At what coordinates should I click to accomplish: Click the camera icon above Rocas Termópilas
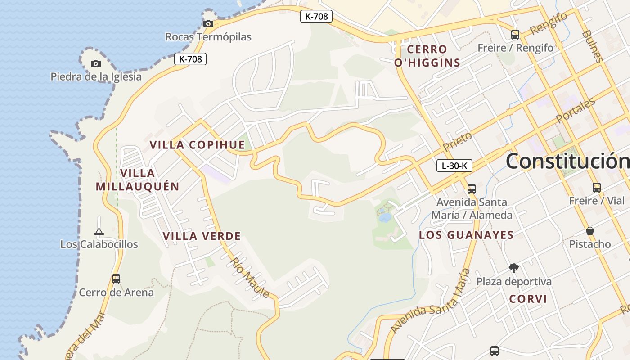(208, 23)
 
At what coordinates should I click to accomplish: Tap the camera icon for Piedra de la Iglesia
(96, 63)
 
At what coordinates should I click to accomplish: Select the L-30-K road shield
(454, 166)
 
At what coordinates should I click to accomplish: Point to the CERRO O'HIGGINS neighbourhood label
(427, 56)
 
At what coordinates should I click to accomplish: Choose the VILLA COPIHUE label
(197, 145)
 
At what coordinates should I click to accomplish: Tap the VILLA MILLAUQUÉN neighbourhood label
(138, 180)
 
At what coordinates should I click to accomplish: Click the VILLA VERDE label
(202, 236)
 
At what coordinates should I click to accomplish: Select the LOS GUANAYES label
(466, 235)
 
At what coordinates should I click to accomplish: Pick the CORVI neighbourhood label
(528, 299)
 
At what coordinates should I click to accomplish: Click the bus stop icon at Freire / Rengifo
(515, 34)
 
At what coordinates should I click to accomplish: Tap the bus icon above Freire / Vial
(596, 187)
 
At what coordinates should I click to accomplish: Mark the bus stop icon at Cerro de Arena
(116, 279)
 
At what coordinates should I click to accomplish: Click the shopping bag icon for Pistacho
(590, 231)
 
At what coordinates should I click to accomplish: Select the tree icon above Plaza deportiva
(513, 268)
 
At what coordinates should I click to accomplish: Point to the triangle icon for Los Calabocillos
(99, 232)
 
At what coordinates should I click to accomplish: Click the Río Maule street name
(250, 278)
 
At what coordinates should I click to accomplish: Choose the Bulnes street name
(592, 46)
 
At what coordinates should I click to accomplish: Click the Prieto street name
(458, 141)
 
